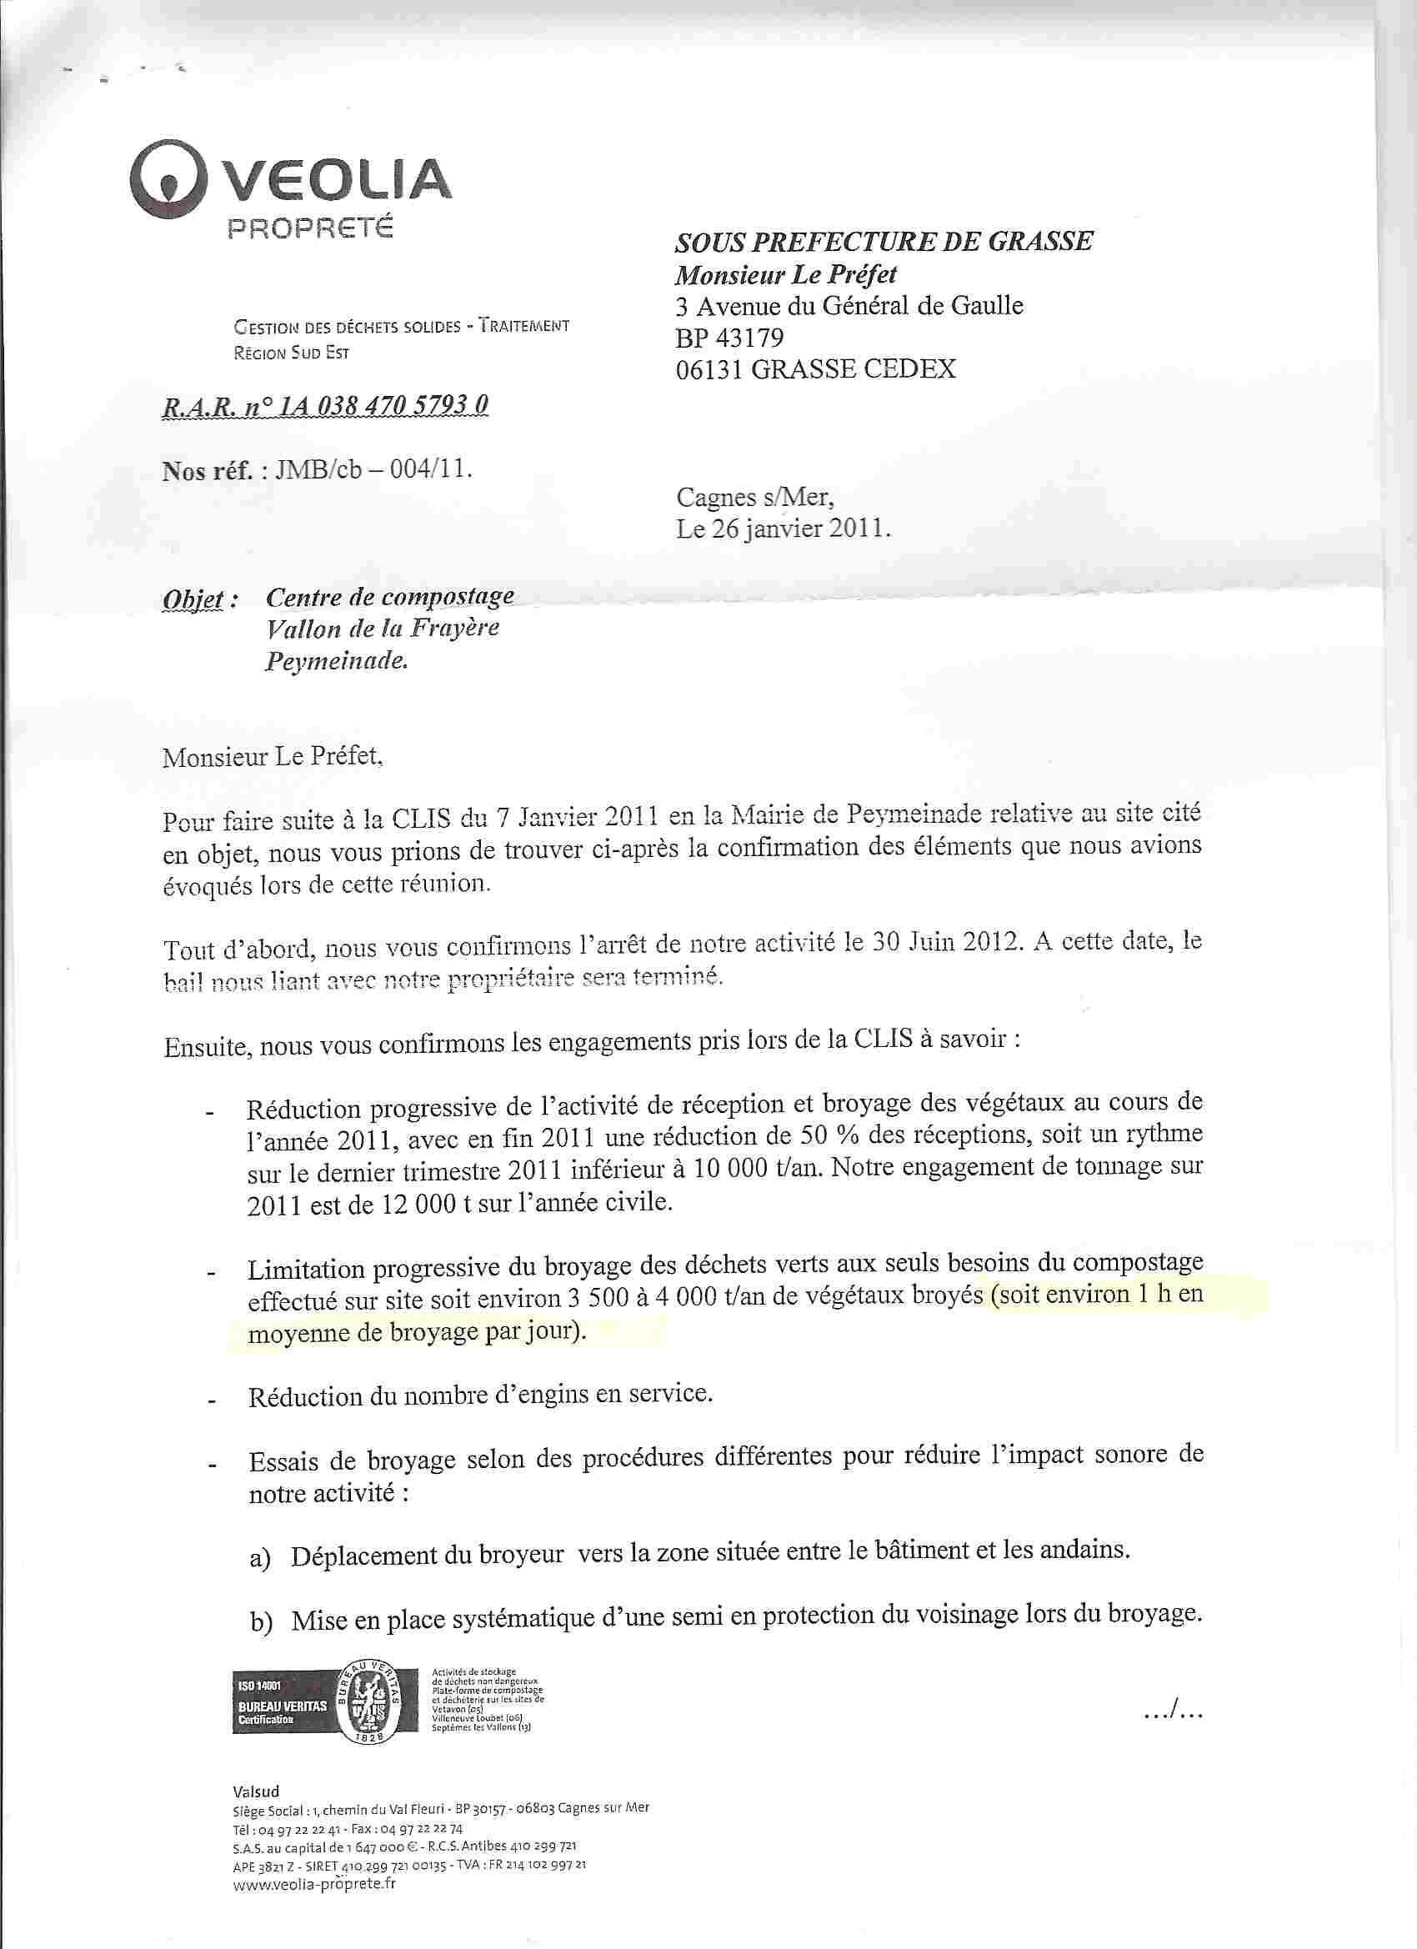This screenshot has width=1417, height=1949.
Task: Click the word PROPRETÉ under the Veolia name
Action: coord(309,228)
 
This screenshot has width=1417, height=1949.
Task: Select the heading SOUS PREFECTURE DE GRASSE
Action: coord(884,242)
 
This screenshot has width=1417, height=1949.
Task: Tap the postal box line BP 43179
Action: coord(729,338)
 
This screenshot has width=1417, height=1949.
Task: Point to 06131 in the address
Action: coord(710,369)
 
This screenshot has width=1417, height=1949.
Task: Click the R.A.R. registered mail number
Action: coord(325,406)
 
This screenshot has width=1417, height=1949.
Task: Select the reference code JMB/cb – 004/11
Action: coord(373,470)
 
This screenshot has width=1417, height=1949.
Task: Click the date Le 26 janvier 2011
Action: coord(783,529)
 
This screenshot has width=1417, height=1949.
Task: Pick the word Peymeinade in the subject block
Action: coord(336,661)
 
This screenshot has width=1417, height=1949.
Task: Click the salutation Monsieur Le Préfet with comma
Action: coord(273,757)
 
